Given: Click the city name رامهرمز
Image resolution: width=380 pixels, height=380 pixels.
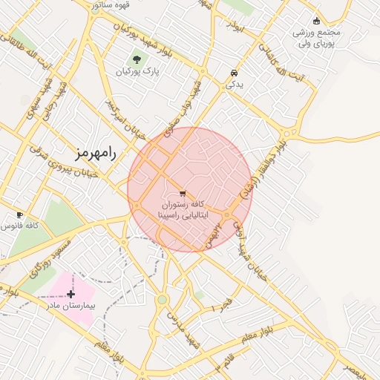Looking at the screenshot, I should tap(96, 154).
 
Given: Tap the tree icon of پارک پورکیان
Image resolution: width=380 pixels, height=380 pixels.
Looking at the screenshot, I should tap(136, 59).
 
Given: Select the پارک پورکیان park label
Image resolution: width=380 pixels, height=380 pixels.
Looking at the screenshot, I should tap(138, 72).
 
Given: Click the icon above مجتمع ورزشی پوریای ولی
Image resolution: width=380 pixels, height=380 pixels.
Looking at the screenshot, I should tap(317, 21).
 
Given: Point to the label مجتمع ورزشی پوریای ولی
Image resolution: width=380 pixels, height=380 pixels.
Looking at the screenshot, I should tap(316, 38).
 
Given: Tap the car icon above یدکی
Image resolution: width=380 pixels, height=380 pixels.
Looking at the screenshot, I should tap(235, 73).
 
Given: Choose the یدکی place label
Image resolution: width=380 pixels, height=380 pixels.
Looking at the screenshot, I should tap(235, 85).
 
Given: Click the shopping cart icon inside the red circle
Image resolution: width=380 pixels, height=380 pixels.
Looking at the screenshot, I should tap(183, 194).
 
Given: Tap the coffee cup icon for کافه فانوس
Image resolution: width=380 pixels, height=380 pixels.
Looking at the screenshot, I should tap(20, 214).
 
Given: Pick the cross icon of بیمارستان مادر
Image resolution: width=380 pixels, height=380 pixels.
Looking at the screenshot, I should tap(71, 294).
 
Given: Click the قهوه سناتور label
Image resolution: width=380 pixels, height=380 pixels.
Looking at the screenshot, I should tap(112, 4).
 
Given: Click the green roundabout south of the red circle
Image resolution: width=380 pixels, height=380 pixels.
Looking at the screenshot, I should tap(162, 300).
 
